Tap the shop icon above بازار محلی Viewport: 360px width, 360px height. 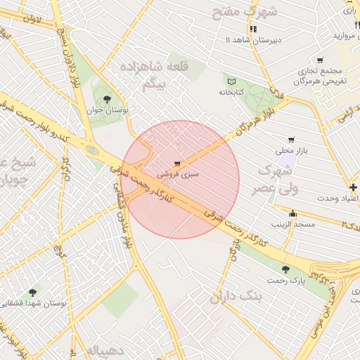point(291,140)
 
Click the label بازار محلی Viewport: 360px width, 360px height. point(292,150)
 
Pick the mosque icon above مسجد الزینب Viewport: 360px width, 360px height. point(292,213)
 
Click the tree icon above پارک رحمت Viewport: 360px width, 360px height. point(285,269)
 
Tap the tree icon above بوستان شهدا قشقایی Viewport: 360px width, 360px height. point(32,292)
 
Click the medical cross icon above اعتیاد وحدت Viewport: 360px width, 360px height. point(353,187)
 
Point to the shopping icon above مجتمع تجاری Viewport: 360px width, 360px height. point(321,60)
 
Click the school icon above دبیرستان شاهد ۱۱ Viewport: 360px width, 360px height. point(253,29)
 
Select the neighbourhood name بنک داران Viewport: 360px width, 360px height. point(236,297)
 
